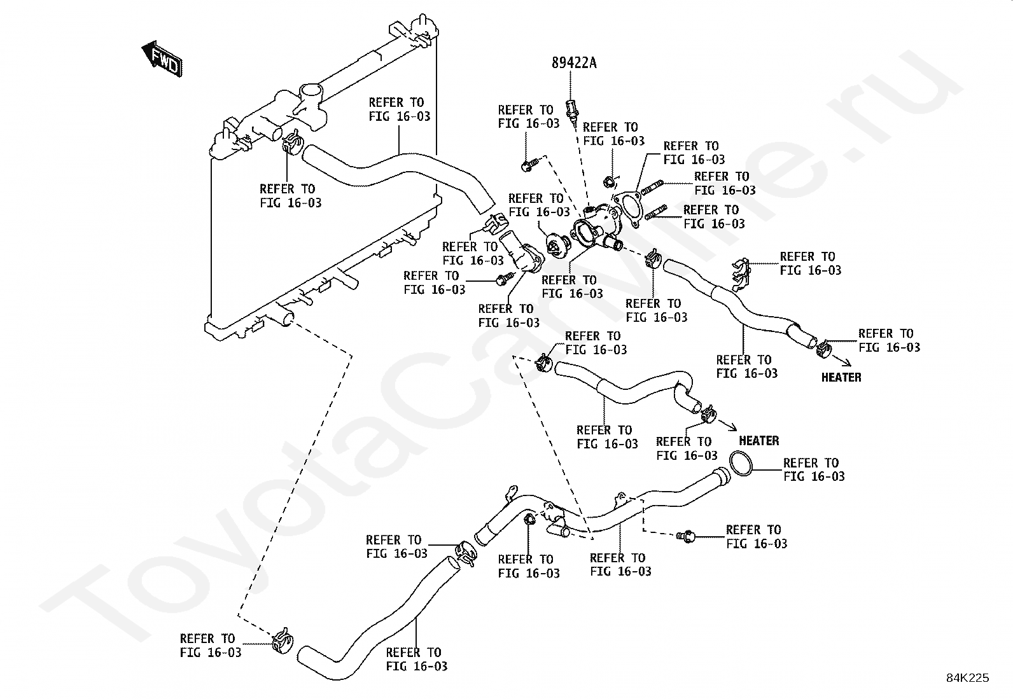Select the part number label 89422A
pos(574,63)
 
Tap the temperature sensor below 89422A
pos(571,111)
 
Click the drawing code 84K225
pos(967,678)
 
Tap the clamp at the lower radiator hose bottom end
pos(283,640)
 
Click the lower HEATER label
pos(759,441)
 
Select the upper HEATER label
pos(841,378)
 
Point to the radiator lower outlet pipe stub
pos(282,316)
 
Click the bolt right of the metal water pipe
pos(686,537)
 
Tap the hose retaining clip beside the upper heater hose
pos(741,274)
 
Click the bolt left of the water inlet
pos(505,279)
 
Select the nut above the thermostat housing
pos(609,183)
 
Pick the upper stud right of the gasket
pos(652,187)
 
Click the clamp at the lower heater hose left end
pos(543,363)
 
